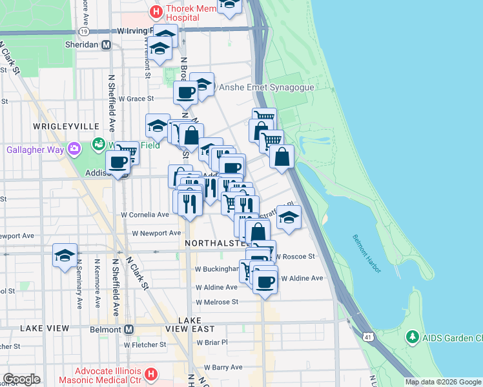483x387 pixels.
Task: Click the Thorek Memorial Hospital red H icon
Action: click(x=155, y=12)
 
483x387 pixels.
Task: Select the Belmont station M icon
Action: click(x=128, y=329)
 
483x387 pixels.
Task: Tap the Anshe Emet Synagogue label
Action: click(x=267, y=87)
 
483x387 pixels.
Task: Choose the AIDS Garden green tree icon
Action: click(x=412, y=337)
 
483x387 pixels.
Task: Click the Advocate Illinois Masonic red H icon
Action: click(x=150, y=373)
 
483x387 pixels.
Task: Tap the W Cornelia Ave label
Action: click(x=145, y=214)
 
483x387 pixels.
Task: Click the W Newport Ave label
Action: click(x=155, y=234)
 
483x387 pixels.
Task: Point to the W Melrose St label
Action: click(x=217, y=301)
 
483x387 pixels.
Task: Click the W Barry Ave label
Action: click(x=223, y=367)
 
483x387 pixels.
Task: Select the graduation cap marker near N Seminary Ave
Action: click(x=65, y=255)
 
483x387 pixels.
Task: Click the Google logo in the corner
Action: click(x=21, y=379)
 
